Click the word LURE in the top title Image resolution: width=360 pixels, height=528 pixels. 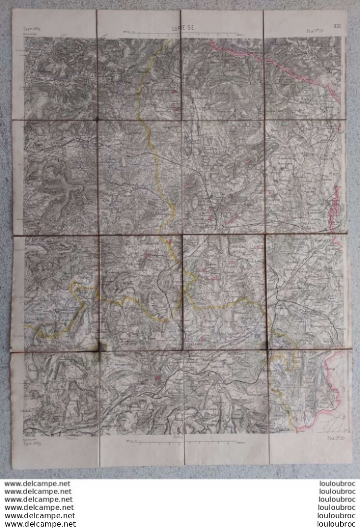click(x=180, y=29)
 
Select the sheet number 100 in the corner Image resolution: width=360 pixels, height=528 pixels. click(x=337, y=26)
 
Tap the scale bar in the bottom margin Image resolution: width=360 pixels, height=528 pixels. click(x=182, y=441)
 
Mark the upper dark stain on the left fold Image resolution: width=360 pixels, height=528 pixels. click(x=97, y=119)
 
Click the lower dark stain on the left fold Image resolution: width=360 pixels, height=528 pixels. click(x=100, y=347)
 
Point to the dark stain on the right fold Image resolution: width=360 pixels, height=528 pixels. click(x=266, y=346)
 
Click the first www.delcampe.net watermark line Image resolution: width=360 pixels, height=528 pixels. click(x=37, y=484)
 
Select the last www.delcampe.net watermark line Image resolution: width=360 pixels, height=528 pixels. click(x=40, y=524)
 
